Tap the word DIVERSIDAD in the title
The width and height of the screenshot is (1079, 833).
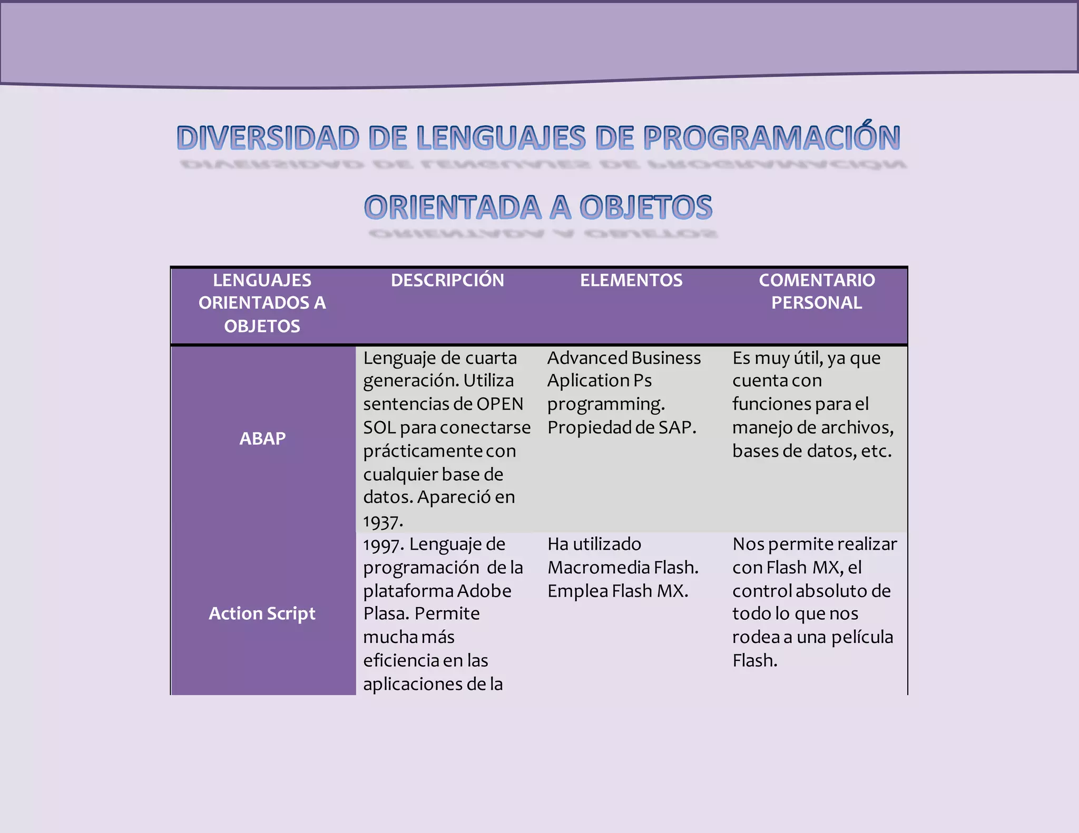point(268,138)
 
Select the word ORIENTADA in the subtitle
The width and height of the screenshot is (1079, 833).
point(453,207)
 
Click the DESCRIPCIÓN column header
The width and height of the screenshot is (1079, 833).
point(447,280)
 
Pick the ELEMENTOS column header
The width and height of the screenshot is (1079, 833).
point(631,280)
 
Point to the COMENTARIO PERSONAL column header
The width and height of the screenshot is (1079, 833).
point(817,291)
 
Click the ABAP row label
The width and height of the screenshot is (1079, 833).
point(262,438)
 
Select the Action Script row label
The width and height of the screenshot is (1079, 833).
point(262,613)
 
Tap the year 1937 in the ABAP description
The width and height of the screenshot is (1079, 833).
point(382,521)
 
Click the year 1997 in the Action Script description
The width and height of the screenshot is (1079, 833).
point(383,544)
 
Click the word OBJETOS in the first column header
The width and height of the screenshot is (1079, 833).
point(262,326)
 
